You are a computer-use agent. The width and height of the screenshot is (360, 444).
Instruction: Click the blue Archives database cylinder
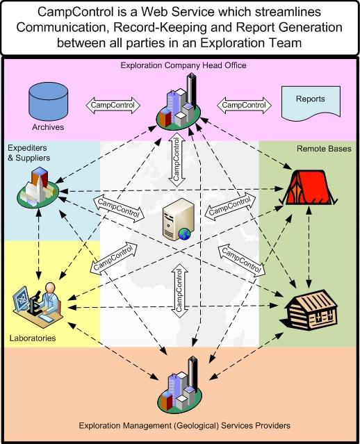pos(49,101)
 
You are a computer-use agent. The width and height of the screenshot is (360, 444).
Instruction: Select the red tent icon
pos(308,188)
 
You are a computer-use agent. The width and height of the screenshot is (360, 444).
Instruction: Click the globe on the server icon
pos(184,234)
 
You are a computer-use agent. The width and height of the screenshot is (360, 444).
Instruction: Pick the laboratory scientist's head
pos(51,288)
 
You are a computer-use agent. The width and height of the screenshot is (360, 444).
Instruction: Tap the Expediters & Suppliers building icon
pos(38,187)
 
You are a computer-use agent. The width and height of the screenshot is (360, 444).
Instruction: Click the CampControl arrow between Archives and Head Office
pos(113,106)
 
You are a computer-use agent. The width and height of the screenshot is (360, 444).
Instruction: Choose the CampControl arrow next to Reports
pos(244,106)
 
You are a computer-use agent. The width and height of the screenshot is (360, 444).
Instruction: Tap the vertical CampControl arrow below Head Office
pos(177,160)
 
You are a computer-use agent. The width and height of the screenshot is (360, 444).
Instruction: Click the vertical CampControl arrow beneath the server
pos(179,291)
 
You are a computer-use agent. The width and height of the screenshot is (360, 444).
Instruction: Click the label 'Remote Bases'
pos(324,149)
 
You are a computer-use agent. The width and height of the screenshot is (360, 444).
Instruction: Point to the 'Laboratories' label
pos(33,338)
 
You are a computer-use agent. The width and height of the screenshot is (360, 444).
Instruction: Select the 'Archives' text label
pos(48,127)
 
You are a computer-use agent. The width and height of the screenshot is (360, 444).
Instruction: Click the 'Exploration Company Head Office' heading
pos(183,65)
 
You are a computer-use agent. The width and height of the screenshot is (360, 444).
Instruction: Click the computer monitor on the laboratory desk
pos(22,299)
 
